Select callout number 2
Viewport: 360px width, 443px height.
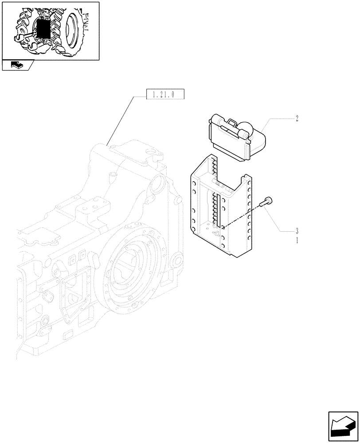pyautogui.click(x=297, y=118)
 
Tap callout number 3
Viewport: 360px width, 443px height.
pyautogui.click(x=297, y=231)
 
